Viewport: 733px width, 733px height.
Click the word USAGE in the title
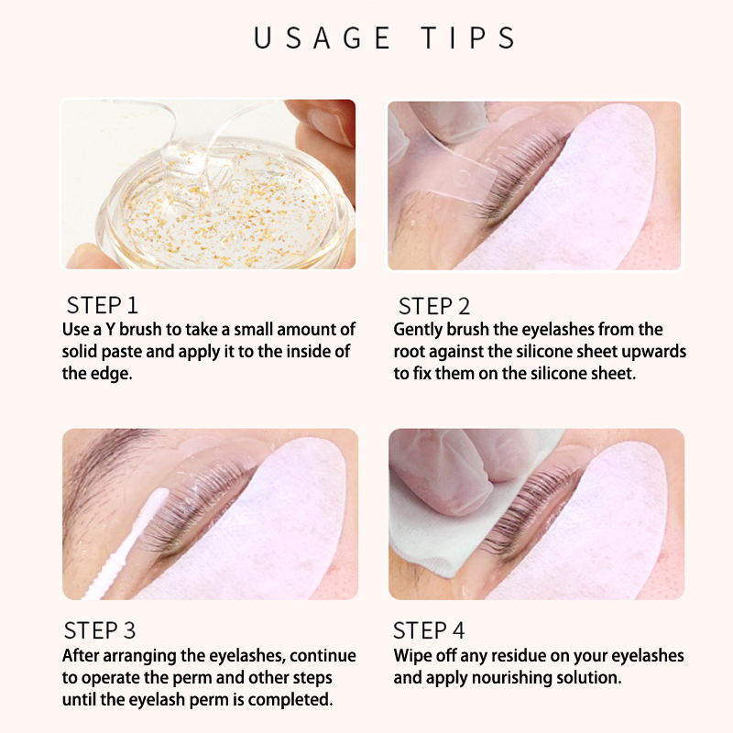[323, 38]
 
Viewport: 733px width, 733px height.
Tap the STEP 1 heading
[103, 305]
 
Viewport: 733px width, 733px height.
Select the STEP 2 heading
[433, 306]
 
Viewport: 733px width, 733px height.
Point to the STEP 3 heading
[100, 630]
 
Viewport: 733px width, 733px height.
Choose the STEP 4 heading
[429, 630]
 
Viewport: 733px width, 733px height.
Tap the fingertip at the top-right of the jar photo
[327, 123]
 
